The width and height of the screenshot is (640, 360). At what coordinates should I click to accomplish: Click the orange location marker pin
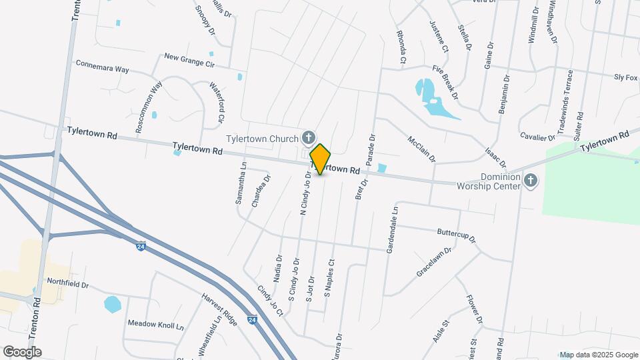tap(321, 159)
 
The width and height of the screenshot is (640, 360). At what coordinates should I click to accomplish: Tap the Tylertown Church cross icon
tap(308, 138)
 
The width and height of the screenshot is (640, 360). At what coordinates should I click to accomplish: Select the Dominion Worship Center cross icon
tap(530, 181)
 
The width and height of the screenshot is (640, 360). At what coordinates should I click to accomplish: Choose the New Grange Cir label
tap(189, 61)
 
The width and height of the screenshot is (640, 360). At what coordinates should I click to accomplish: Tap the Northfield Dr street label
tap(67, 284)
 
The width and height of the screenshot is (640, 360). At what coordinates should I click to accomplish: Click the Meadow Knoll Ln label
tap(155, 324)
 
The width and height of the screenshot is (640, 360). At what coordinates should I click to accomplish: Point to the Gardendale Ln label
tap(391, 229)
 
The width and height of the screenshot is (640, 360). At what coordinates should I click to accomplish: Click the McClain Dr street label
tap(421, 149)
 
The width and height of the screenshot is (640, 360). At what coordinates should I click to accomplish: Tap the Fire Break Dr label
tap(446, 81)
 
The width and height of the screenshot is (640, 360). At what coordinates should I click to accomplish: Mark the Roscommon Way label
tap(149, 107)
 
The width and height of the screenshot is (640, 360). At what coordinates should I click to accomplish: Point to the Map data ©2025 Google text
tap(598, 355)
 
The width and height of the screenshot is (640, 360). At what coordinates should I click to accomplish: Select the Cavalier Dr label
tap(537, 137)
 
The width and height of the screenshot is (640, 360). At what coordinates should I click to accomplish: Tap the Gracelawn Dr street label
tap(434, 262)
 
